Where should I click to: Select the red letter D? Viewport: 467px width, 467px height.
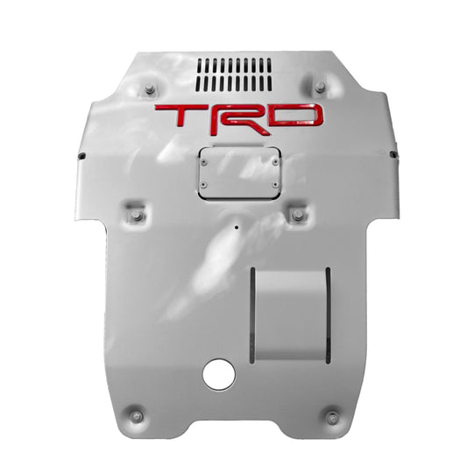point(295,117)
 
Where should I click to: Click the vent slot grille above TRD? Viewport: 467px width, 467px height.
point(232,74)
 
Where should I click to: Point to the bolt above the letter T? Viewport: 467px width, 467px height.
point(150,88)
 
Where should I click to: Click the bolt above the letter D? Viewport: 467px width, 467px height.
point(319,87)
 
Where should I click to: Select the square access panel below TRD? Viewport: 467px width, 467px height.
point(238,173)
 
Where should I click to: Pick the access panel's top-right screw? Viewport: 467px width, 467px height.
point(272,159)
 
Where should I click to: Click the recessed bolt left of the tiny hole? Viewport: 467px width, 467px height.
point(137,216)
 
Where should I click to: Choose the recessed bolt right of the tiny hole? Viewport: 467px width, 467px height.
point(298,215)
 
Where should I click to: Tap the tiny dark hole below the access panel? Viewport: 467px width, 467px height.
point(236,226)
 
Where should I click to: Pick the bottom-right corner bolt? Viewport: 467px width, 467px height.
point(332,416)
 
